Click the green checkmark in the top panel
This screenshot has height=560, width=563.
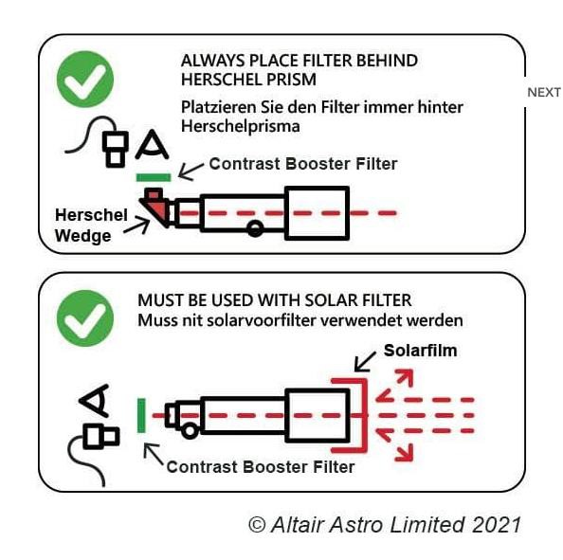tap(85, 80)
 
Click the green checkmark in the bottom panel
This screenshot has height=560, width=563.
tap(85, 318)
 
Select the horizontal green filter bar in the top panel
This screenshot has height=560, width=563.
tap(154, 177)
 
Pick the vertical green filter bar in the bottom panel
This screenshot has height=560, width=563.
tap(141, 415)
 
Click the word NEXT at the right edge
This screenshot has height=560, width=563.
tap(544, 92)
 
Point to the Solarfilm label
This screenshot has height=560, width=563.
tap(420, 351)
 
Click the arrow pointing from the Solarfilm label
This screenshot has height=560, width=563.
tap(365, 362)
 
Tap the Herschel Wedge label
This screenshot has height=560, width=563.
tap(91, 226)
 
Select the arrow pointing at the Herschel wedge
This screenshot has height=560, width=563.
tap(136, 226)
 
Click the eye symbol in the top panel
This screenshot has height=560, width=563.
tap(153, 144)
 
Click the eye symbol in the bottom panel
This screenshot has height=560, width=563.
tap(94, 400)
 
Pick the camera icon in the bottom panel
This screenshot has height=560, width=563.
tap(100, 437)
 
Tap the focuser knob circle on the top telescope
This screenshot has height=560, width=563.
tap(255, 228)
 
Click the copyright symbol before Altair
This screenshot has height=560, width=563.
tap(257, 525)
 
